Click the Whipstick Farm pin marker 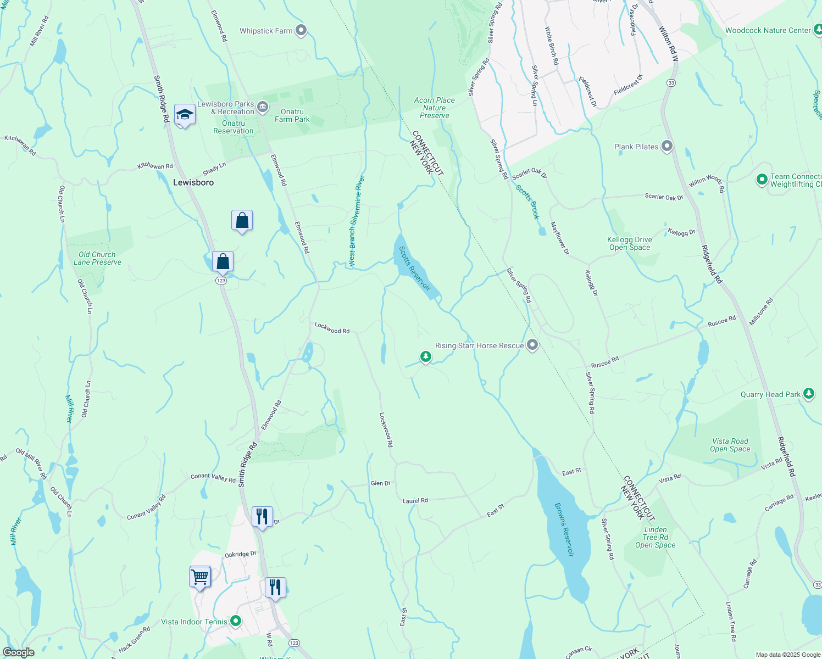301,30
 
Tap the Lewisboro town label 193,182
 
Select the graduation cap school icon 185,115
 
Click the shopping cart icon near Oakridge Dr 199,577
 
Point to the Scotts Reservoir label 414,269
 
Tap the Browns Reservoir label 564,529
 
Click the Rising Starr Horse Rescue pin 532,345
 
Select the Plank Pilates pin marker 667,146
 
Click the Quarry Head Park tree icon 808,393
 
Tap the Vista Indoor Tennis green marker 236,621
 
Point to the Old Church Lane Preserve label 97,258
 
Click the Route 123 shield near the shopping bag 221,281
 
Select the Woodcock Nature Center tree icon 818,30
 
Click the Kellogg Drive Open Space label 630,243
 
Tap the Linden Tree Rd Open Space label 655,537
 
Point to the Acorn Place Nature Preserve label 435,108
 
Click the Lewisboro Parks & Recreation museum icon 263,105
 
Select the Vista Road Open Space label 730,445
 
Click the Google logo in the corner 18,652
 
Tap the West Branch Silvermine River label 356,221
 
